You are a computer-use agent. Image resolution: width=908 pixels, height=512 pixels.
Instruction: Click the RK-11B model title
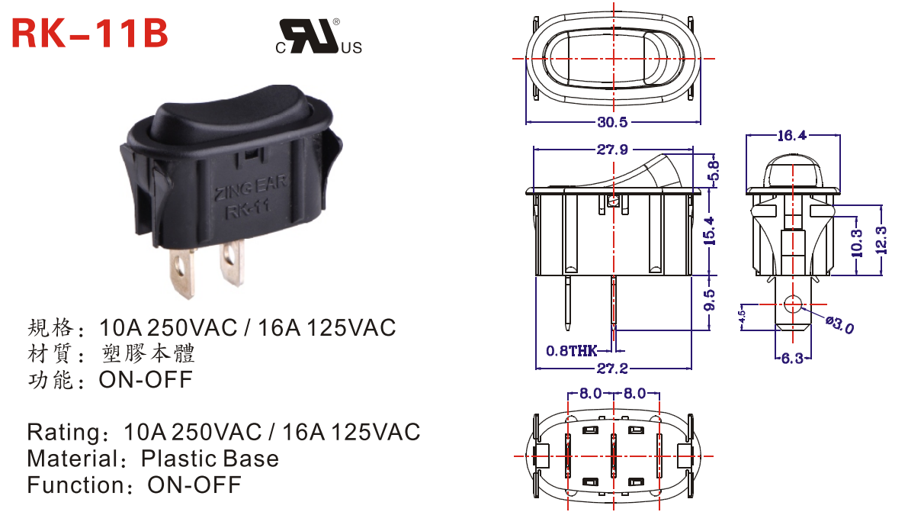[x=90, y=33]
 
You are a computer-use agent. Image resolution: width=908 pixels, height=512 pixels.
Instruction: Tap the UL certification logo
[x=319, y=37]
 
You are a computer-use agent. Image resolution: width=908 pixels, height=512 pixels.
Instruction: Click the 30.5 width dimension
[x=612, y=122]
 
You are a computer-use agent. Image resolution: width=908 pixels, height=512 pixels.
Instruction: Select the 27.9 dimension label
[x=612, y=150]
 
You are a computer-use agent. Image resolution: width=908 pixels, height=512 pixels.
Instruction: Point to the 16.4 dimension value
[x=791, y=136]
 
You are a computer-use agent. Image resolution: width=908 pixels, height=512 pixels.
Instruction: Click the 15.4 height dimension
[x=709, y=230]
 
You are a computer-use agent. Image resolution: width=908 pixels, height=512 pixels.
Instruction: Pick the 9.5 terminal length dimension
[x=709, y=300]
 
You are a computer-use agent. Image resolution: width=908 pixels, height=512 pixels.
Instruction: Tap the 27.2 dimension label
[x=612, y=369]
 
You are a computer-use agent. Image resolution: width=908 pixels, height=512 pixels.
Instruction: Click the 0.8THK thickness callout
[x=572, y=351]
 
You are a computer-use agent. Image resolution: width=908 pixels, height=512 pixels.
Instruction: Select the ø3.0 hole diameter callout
[x=840, y=325]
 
